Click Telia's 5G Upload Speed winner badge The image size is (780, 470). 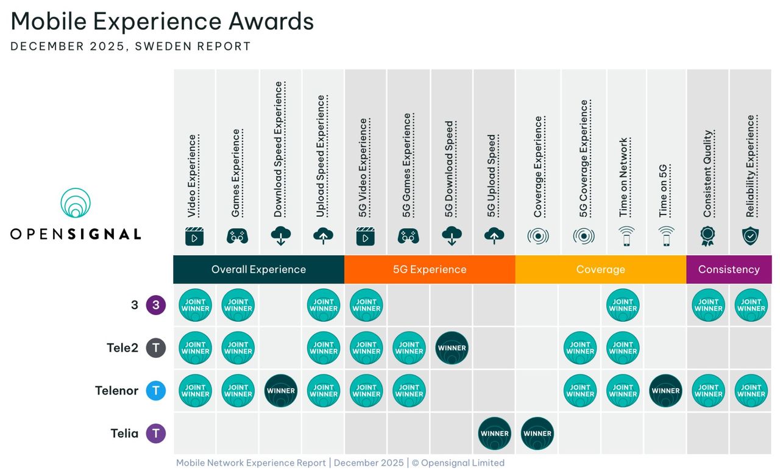(x=494, y=433)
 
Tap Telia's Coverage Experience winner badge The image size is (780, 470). (x=537, y=433)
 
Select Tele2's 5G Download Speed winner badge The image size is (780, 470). (x=452, y=347)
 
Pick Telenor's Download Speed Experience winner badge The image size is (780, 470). (x=281, y=391)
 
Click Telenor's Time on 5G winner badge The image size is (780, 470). (x=665, y=391)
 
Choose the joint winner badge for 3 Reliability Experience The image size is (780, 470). (x=751, y=305)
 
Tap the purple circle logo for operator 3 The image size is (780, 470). (x=155, y=305)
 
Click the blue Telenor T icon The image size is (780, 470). (x=155, y=391)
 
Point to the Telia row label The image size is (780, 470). (x=124, y=433)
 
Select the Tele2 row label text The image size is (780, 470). (x=122, y=347)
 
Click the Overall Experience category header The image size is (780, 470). (x=259, y=269)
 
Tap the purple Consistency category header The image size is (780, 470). (x=729, y=269)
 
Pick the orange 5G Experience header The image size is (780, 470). (x=430, y=269)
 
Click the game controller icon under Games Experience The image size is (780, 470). (x=238, y=237)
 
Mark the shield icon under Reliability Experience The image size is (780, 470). (x=750, y=236)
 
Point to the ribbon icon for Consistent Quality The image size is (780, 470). (x=707, y=237)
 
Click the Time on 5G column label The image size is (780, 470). (x=664, y=191)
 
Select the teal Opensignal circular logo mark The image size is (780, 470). (x=75, y=203)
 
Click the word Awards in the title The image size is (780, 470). (x=271, y=21)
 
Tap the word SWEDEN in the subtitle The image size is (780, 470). (x=163, y=46)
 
